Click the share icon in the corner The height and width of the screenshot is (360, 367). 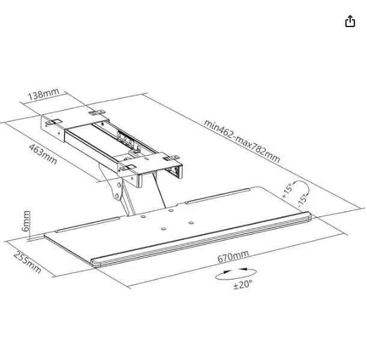click(x=350, y=22)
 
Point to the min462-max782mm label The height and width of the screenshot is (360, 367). click(x=241, y=141)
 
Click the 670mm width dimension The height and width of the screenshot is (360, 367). click(x=233, y=257)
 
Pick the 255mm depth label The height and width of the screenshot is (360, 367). click(x=28, y=262)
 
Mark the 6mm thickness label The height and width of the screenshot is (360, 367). click(x=26, y=221)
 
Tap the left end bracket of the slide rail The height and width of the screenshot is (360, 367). click(x=53, y=128)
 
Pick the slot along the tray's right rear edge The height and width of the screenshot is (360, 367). click(x=223, y=196)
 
